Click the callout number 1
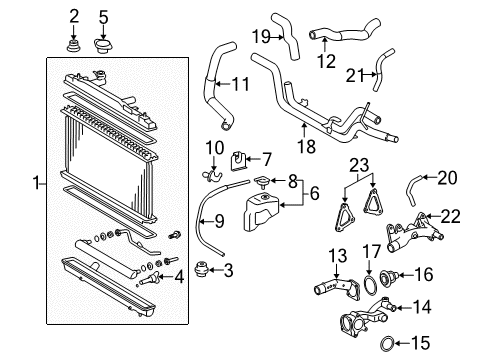36,183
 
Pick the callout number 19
261,36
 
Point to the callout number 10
213,149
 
